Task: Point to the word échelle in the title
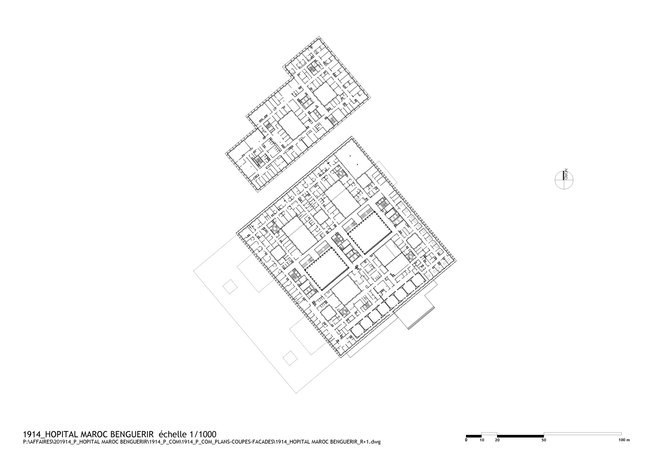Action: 172,435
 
